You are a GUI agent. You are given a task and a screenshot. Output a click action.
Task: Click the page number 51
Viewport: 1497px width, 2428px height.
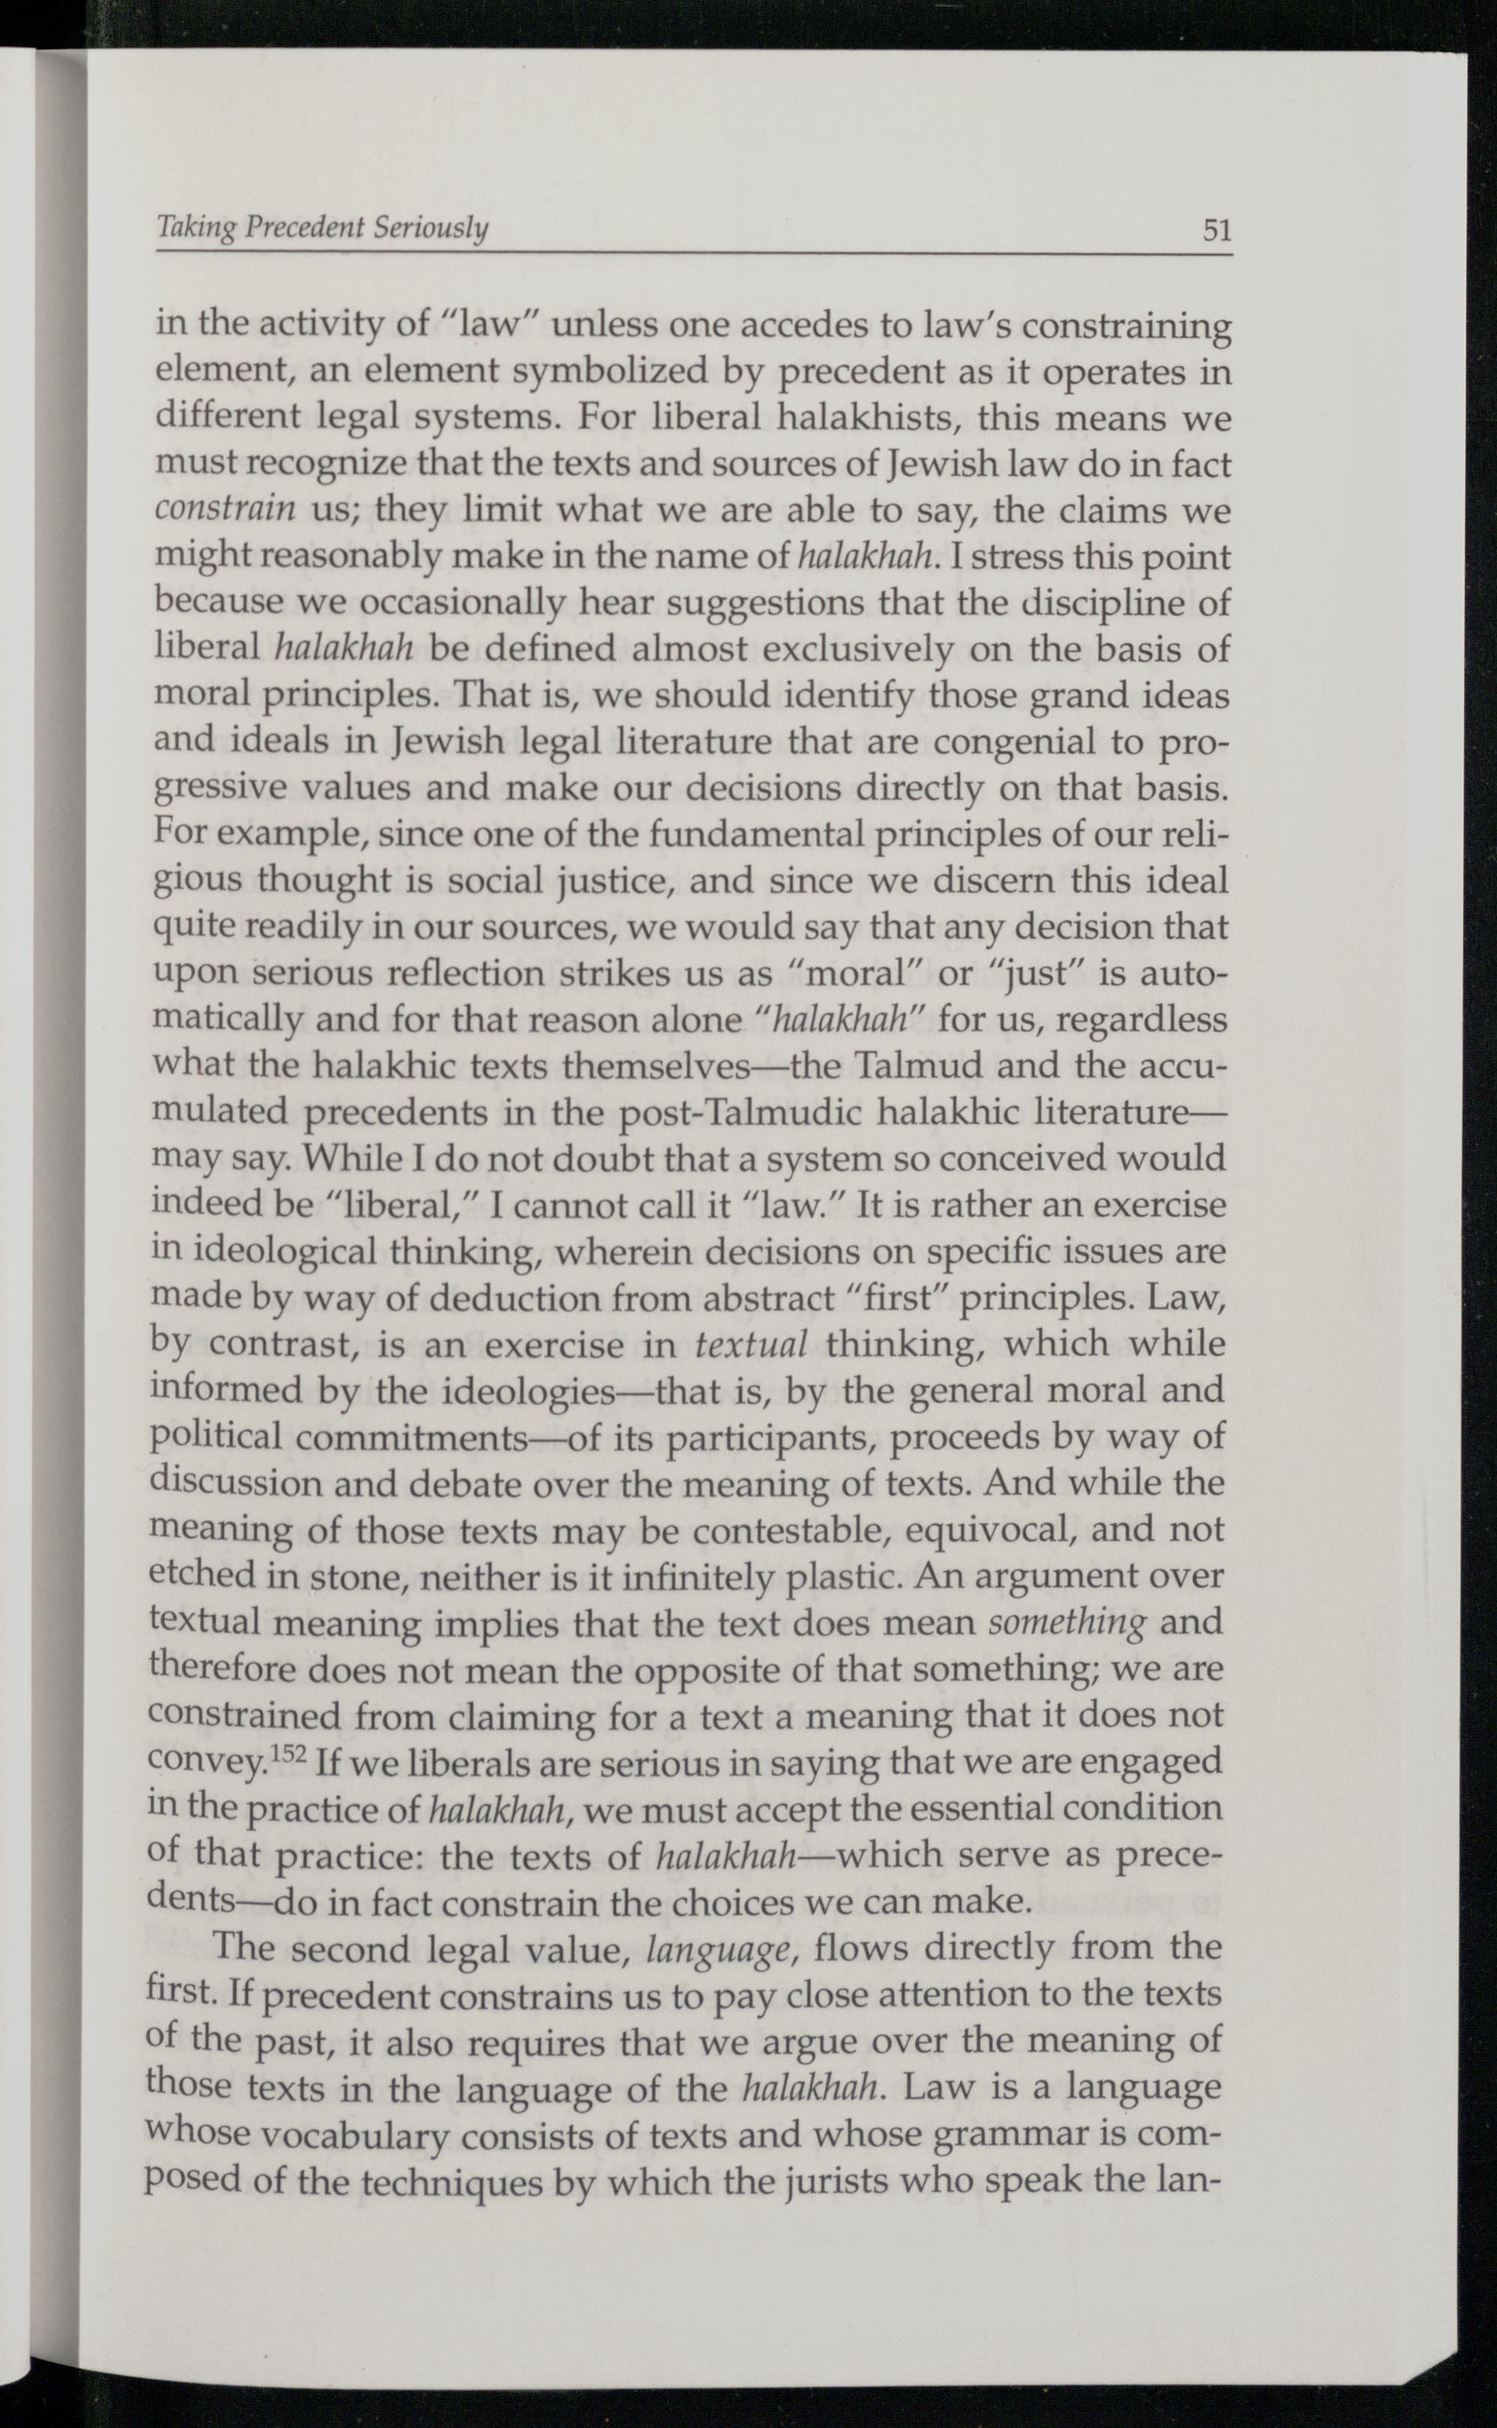pyautogui.click(x=1216, y=231)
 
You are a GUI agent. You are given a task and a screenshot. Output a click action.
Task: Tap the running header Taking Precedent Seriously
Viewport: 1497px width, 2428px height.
pyautogui.click(x=323, y=229)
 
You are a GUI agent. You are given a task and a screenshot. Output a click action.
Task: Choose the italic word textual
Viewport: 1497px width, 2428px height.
pyautogui.click(x=752, y=1345)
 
